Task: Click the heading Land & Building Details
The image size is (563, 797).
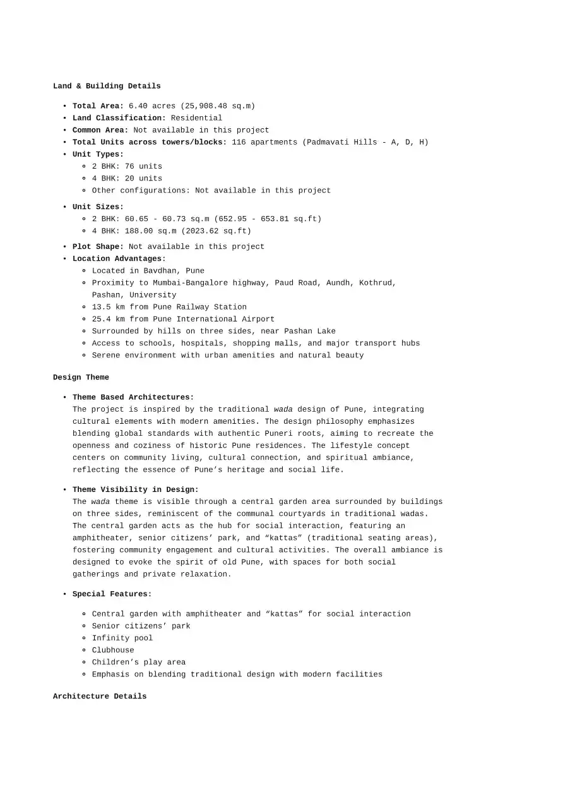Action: tap(107, 86)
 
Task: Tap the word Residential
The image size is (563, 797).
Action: tap(196, 118)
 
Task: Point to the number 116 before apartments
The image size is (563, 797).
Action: tap(239, 142)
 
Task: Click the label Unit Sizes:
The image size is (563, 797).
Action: tap(98, 207)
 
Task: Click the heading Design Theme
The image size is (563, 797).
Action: tap(81, 378)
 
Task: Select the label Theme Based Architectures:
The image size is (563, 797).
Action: tap(133, 397)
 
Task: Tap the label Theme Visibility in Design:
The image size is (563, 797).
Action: tap(135, 489)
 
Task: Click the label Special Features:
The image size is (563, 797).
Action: tap(112, 594)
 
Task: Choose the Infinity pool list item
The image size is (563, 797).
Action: tap(122, 638)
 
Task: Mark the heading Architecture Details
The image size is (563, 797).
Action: tap(100, 697)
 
